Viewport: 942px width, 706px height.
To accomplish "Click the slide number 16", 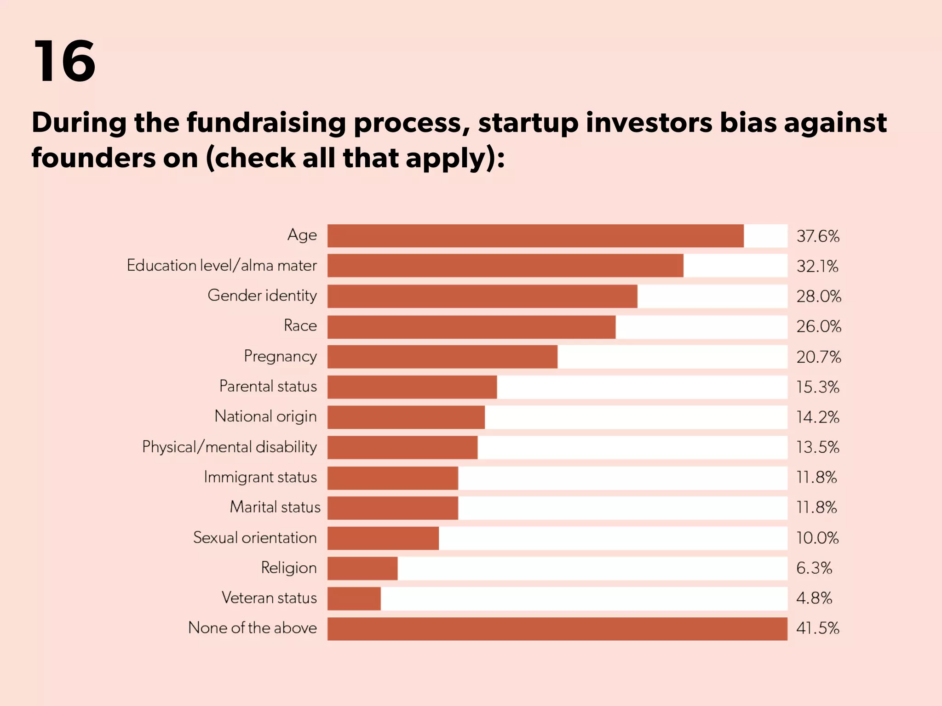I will click(64, 61).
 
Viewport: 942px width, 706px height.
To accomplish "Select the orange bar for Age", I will click(535, 236).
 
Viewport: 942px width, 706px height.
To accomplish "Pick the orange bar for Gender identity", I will click(482, 296).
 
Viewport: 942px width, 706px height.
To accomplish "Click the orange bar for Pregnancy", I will click(442, 357).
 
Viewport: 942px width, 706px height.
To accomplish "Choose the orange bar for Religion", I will click(362, 568).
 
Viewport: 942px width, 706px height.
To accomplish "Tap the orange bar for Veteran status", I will click(354, 598).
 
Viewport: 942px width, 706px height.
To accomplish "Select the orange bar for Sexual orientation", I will click(383, 538).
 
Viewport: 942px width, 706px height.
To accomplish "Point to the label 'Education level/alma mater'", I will click(222, 266).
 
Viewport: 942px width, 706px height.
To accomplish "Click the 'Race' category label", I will click(300, 326).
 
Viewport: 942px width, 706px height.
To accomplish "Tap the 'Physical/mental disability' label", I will click(229, 447).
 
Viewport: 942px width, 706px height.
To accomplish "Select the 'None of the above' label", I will click(253, 628).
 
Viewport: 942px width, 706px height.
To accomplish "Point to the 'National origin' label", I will click(265, 416).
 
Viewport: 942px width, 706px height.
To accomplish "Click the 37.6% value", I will click(818, 236).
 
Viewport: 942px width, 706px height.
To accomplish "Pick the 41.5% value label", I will click(818, 628).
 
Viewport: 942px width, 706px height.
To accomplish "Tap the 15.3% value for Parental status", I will click(818, 387).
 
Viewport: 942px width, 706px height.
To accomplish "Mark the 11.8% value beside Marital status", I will click(816, 507).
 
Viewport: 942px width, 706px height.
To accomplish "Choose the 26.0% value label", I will click(819, 327).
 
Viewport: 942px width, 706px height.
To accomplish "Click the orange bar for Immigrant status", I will click(393, 478).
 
